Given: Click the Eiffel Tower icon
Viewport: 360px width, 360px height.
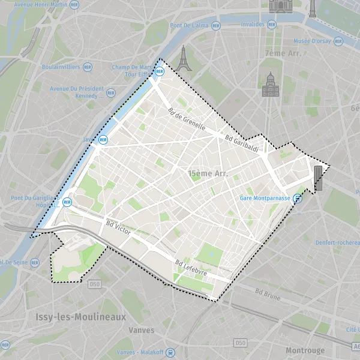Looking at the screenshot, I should click(x=184, y=58).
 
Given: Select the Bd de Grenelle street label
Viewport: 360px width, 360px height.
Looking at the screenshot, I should click(x=187, y=119).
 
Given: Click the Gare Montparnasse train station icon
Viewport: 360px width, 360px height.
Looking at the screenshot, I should click(x=298, y=199).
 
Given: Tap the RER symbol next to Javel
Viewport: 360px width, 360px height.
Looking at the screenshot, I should click(x=103, y=140).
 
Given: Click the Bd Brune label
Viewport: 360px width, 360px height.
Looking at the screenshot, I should click(x=268, y=293).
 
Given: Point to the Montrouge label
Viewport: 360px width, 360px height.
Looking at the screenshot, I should click(x=305, y=350).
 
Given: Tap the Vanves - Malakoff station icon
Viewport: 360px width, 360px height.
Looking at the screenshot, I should click(x=171, y=352).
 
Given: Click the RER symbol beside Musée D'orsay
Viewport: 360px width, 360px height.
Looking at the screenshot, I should click(x=338, y=41).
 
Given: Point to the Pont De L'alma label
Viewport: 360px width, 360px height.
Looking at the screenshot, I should click(x=189, y=25).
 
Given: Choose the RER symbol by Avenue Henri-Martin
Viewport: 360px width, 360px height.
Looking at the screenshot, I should click(x=74, y=4).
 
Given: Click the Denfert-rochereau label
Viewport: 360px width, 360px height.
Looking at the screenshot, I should click(x=337, y=243).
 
